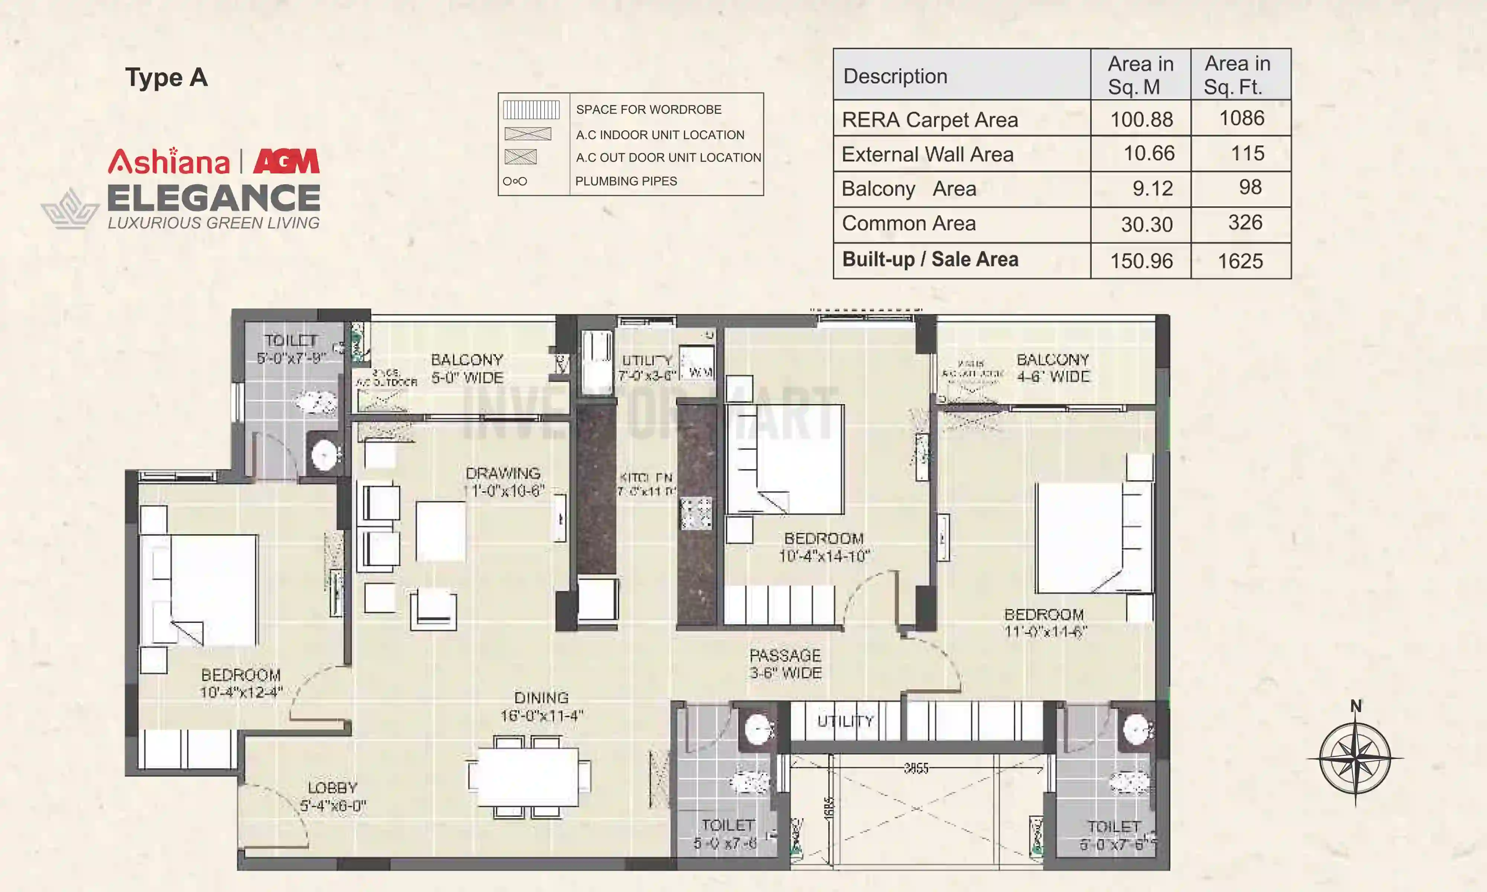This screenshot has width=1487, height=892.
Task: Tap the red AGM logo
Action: pos(286,161)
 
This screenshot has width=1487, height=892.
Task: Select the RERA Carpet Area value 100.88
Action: pos(1141,119)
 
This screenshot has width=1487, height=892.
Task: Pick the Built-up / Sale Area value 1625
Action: pos(1240,261)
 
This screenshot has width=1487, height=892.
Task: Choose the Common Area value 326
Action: pos(1245,222)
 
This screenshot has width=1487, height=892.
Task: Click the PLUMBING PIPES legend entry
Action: pos(626,181)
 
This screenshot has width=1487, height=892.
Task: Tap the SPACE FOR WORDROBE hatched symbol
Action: pos(531,109)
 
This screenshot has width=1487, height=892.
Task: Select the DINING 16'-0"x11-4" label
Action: pos(542,706)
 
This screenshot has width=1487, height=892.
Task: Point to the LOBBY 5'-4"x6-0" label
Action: pos(332,796)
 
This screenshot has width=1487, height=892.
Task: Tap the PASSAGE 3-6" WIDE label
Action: pos(785,663)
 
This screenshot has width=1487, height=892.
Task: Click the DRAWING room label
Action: pos(504,481)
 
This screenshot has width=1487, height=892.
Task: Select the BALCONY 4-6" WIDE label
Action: pos(1052,368)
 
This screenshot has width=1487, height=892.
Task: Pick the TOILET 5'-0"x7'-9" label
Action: pos(291,349)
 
